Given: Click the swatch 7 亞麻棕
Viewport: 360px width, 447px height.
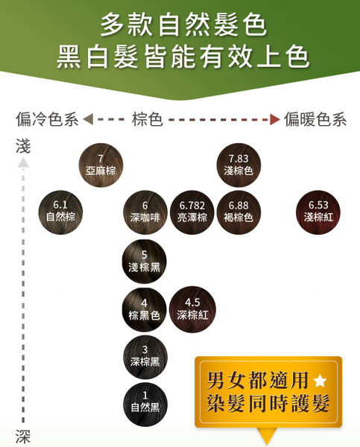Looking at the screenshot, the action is point(101,165).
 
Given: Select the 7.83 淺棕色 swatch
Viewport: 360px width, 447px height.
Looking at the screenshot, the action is point(239,165).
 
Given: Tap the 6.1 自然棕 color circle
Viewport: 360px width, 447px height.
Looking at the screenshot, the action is point(60,212).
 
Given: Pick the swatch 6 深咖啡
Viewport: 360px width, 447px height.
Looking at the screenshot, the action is point(145,212).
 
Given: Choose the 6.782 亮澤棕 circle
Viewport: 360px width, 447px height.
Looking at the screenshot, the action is point(192,212).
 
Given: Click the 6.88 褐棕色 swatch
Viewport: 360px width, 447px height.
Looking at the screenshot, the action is point(239,212).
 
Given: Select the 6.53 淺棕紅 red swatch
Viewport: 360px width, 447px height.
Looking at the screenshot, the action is point(318,212).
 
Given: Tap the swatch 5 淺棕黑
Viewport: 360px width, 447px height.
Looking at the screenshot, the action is point(145,261).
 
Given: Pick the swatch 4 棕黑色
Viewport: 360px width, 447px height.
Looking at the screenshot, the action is point(145,310).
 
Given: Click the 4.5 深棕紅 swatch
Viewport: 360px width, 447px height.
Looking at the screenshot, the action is point(192,309).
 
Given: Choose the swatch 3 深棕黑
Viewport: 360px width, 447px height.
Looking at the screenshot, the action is point(145,357).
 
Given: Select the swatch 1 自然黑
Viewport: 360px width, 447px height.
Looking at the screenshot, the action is point(145,405).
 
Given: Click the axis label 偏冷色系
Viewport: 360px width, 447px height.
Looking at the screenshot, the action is point(47,119).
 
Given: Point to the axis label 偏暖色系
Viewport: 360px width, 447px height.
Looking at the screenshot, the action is point(315,119).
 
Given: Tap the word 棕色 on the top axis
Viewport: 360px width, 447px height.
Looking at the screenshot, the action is point(148,119).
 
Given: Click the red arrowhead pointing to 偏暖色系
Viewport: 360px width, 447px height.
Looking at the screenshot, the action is point(275,119).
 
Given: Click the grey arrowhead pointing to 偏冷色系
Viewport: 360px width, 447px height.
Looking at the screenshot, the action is point(88,119).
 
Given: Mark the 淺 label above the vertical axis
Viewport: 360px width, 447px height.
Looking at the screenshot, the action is point(23,146).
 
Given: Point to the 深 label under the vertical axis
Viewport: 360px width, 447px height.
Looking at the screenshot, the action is point(23,436).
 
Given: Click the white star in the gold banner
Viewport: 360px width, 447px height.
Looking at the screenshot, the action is point(320,381).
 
